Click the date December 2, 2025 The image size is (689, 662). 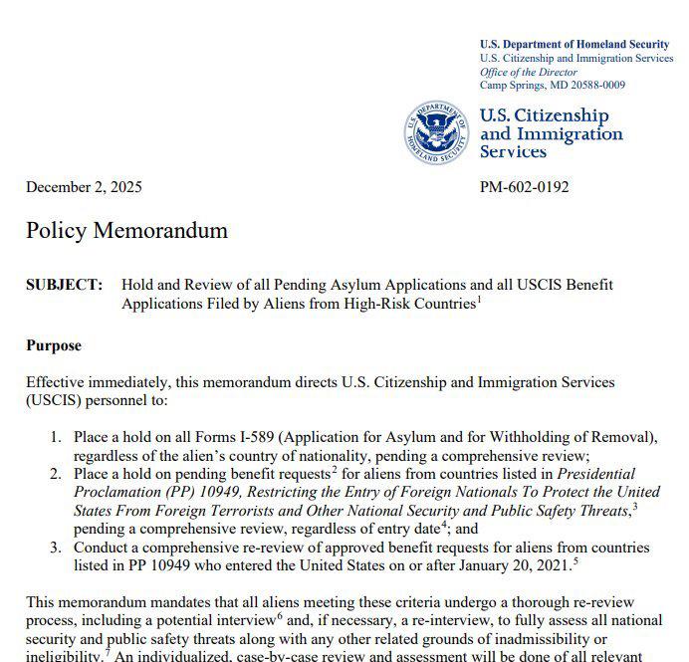click(84, 186)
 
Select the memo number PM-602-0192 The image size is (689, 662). click(525, 186)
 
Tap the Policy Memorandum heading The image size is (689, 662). click(126, 231)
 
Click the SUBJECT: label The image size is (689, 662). click(64, 285)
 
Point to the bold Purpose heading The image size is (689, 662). click(54, 345)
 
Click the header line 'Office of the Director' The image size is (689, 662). click(528, 72)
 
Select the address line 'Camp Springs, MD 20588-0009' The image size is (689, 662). click(553, 85)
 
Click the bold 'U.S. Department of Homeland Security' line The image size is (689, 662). click(574, 44)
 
